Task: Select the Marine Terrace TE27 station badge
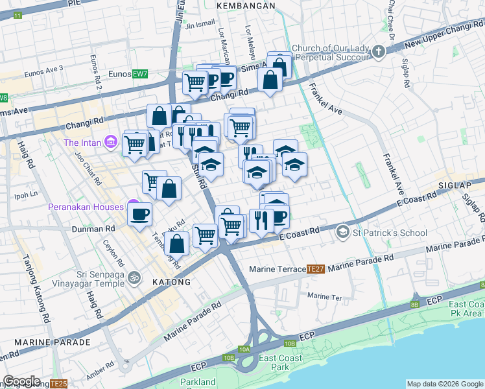pos(315,268)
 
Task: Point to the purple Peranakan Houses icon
pos(133,206)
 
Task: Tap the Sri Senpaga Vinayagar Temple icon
pos(134,277)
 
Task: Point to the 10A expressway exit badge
pos(244,349)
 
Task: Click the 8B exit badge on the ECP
pos(414,303)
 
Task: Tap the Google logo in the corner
pos(22,381)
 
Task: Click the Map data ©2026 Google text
pos(444,384)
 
